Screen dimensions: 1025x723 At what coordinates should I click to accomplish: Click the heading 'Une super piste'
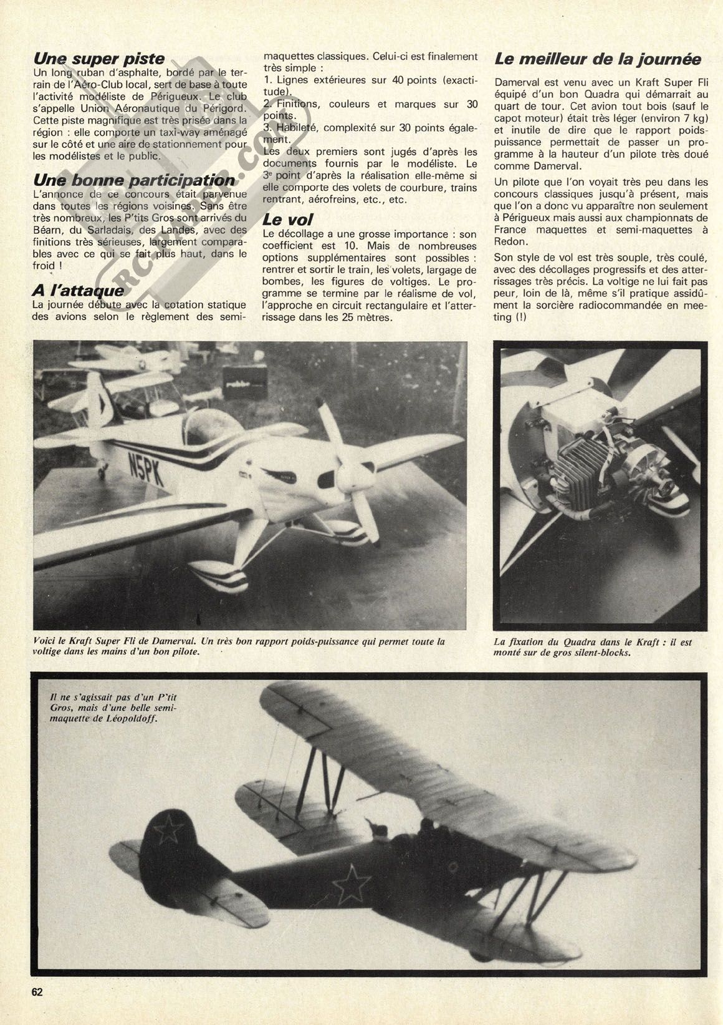98,59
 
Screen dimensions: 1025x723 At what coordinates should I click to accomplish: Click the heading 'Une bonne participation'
134,180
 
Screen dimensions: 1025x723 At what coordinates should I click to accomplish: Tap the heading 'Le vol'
288,220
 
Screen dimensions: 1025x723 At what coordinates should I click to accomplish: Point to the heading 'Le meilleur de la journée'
598,59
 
